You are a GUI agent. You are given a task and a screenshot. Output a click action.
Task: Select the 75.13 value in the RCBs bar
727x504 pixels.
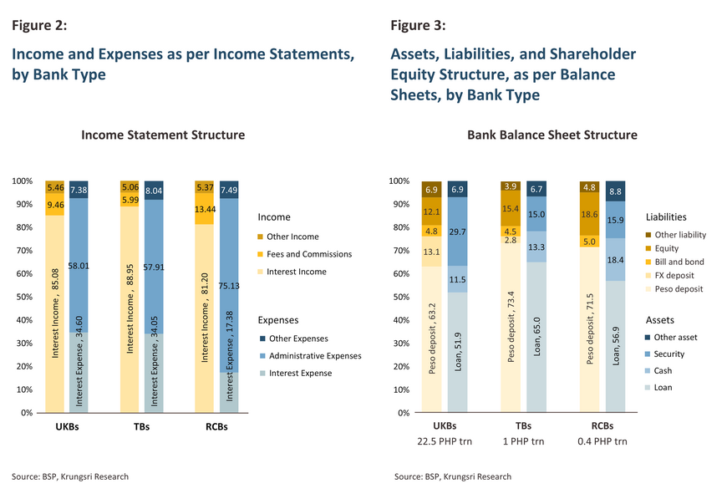[229, 259]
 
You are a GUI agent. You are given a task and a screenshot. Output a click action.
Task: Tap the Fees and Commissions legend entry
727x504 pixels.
[308, 254]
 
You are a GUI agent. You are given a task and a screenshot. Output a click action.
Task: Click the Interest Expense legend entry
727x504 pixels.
[298, 373]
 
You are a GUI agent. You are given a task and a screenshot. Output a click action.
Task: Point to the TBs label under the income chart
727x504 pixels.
[143, 426]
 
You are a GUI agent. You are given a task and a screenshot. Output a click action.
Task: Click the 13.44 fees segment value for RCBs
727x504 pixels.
[206, 210]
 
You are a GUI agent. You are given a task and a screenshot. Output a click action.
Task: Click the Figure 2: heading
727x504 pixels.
[38, 25]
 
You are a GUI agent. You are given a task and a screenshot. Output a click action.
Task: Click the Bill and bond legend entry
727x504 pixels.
[679, 262]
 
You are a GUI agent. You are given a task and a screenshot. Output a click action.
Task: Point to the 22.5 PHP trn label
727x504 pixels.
[445, 441]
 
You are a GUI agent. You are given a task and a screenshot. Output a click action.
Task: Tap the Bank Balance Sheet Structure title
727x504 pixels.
[552, 135]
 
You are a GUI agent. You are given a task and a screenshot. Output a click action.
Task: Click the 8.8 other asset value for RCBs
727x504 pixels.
[616, 191]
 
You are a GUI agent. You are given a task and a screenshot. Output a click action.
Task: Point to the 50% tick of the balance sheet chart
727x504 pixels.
[400, 297]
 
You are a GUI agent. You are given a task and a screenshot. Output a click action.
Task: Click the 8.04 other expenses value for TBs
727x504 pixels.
[155, 191]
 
